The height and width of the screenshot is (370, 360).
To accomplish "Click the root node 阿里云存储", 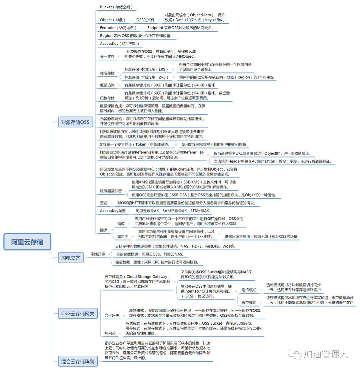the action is (x=27, y=242).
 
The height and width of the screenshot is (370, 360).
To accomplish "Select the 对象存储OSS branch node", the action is (x=75, y=122).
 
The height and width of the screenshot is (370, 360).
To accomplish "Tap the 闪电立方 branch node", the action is (x=71, y=258).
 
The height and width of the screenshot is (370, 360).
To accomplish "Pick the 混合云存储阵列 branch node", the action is (x=78, y=361).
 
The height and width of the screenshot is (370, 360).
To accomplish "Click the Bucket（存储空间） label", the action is (x=116, y=7).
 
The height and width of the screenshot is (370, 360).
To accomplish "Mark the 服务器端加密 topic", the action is (x=111, y=191).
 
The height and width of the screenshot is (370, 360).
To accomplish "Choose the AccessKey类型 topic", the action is (x=113, y=211).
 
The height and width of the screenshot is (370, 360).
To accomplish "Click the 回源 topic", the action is (x=104, y=230).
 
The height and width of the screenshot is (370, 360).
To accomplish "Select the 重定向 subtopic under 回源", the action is (x=123, y=237).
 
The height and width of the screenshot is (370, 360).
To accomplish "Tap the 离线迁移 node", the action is (x=98, y=254).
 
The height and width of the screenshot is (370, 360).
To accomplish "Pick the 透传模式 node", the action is (x=249, y=290).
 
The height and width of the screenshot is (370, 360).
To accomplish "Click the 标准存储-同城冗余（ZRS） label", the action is (x=146, y=77).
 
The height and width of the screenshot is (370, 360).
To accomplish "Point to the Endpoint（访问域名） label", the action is (x=118, y=28).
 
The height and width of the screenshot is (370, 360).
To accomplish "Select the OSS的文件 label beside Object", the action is (x=148, y=20).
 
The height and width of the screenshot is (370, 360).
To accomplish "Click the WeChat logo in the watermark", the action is (x=295, y=353).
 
